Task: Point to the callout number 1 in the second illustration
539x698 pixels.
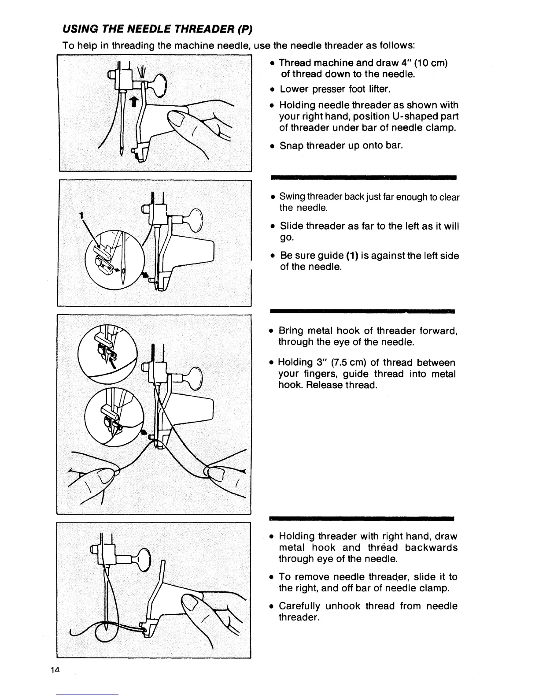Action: pos(81,215)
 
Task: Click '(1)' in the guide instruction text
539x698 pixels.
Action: pos(351,256)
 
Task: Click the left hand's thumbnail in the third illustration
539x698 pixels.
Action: pos(108,477)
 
